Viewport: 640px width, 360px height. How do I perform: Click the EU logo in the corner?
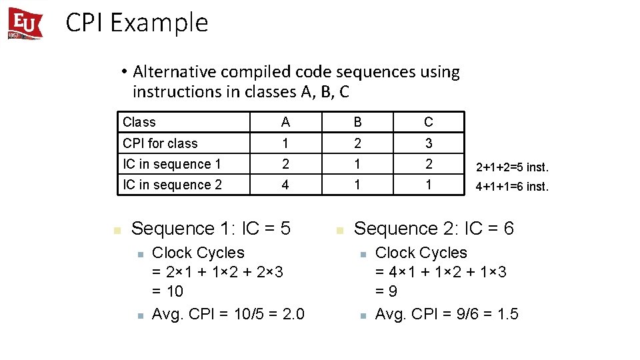25,23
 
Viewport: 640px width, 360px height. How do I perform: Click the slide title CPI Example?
137,23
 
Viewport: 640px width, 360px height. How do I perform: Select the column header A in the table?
285,122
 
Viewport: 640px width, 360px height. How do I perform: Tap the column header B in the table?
358,122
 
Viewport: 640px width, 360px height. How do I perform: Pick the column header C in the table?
429,122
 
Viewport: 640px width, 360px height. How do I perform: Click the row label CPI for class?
160,143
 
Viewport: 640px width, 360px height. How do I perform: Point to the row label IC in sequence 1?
171,164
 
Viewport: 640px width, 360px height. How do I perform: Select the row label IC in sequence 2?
172,185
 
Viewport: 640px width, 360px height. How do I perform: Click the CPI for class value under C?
429,143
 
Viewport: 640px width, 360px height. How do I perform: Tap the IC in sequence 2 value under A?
285,185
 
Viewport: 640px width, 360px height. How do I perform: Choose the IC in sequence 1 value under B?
358,164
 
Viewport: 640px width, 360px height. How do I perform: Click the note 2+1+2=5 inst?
511,166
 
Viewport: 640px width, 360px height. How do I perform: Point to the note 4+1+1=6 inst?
511,187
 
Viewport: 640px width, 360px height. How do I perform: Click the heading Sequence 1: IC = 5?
211,229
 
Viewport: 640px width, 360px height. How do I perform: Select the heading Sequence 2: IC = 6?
433,229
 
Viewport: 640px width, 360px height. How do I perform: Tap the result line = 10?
167,291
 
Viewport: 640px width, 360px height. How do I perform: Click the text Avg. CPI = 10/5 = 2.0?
228,314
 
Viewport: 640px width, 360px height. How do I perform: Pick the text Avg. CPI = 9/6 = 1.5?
447,314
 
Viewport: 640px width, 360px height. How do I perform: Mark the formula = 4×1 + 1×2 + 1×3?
441,272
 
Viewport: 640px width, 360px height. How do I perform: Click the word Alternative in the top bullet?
173,71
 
